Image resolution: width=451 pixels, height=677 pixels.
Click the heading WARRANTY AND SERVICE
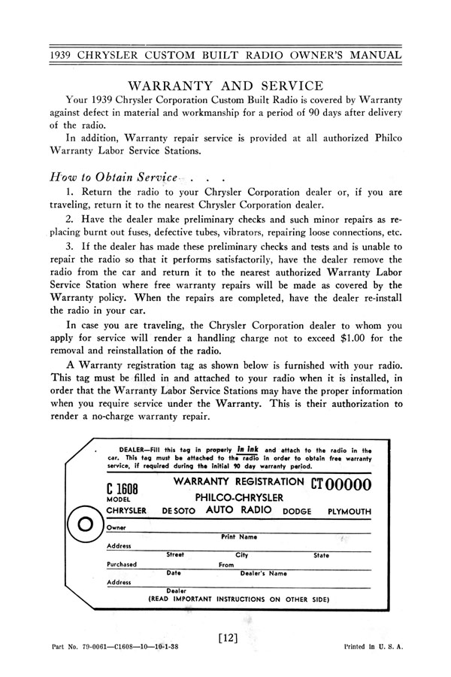pyautogui.click(x=225, y=86)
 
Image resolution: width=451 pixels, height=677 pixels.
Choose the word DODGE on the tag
pyautogui.click(x=297, y=512)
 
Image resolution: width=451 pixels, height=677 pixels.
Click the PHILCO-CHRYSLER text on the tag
pyautogui.click(x=239, y=497)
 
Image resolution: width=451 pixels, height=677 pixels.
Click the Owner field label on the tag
pyautogui.click(x=117, y=528)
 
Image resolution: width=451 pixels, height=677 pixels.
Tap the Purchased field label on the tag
pyautogui.click(x=122, y=564)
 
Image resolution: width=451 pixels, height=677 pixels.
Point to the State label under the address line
pyautogui.click(x=321, y=555)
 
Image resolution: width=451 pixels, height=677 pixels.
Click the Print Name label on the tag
pyautogui.click(x=239, y=537)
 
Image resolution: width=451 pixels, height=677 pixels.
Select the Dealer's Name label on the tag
pyautogui.click(x=263, y=573)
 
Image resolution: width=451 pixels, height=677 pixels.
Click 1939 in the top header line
pyautogui.click(x=65, y=55)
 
